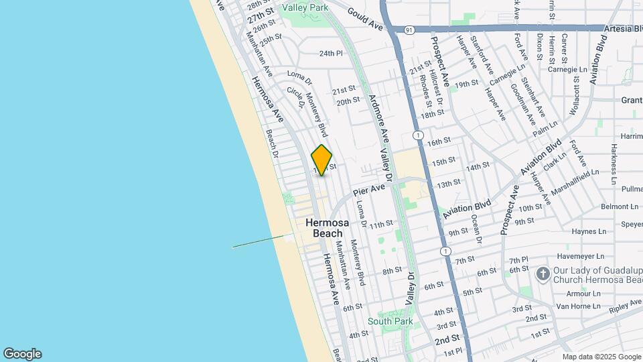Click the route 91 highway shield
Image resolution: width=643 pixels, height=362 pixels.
(x=409, y=29)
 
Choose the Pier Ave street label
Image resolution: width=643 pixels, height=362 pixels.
(x=369, y=190)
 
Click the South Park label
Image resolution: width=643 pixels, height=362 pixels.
(x=395, y=321)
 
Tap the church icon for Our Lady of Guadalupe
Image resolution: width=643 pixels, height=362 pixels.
(x=543, y=274)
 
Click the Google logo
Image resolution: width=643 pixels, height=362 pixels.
(x=22, y=354)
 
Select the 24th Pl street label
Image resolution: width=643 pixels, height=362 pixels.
(x=331, y=53)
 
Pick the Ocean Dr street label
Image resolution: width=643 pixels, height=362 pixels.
(x=478, y=229)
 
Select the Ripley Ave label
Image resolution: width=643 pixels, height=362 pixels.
(x=626, y=303)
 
